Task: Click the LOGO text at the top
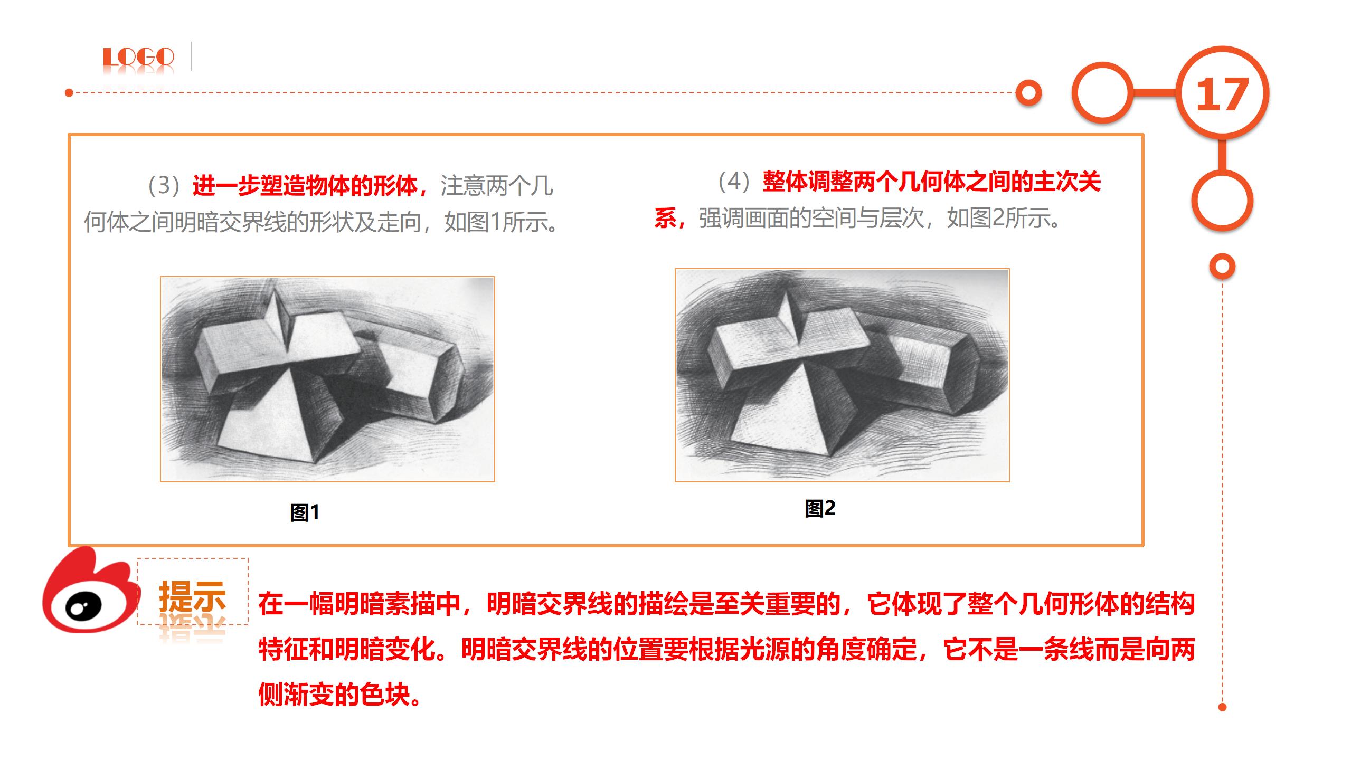pos(138,57)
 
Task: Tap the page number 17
pos(1222,95)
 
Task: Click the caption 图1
pos(305,512)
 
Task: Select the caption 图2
pos(820,508)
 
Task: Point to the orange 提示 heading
pos(193,596)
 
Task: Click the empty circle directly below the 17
pos(1222,201)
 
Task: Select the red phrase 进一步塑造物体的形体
pos(305,185)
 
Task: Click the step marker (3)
pos(165,185)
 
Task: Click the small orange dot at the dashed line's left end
pos(69,93)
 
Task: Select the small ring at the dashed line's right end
pos(1028,93)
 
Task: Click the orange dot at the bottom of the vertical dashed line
pos(1222,707)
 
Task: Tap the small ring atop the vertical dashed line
pos(1222,267)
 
